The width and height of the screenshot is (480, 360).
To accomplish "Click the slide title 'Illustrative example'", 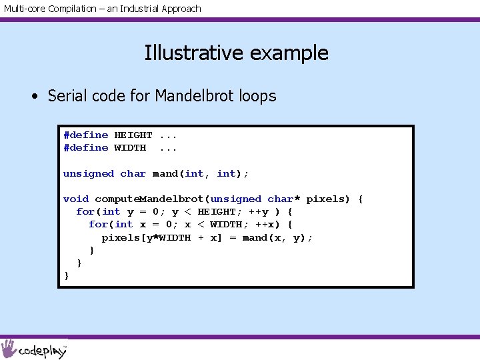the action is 236,53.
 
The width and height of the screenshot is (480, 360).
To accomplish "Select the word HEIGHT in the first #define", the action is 133,135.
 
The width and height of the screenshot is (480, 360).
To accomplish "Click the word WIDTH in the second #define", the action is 130,147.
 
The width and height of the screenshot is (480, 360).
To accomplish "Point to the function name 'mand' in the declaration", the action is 165,173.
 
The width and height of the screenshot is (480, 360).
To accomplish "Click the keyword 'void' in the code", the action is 76,199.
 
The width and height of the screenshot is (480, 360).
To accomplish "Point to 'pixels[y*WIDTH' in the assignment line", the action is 146,237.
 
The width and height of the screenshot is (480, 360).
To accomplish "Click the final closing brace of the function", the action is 67,275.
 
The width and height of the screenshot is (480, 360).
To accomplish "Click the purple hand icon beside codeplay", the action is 9,349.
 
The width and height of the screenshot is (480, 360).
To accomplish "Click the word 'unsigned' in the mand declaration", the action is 89,173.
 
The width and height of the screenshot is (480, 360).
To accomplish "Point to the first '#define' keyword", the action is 85,135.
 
